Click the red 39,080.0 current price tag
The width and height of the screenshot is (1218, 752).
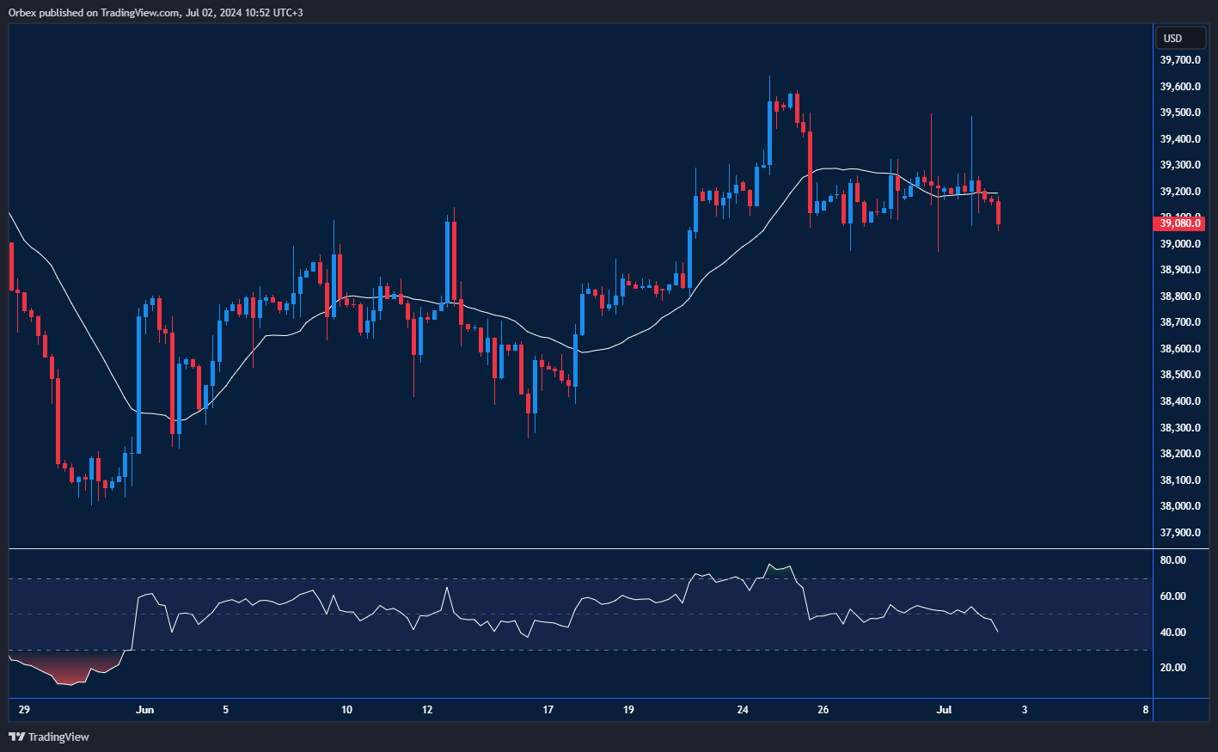pyautogui.click(x=1179, y=223)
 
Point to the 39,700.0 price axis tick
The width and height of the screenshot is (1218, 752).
pyautogui.click(x=1179, y=60)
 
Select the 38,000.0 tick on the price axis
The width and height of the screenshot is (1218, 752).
pyautogui.click(x=1179, y=506)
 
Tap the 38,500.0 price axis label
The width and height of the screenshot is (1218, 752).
pyautogui.click(x=1179, y=375)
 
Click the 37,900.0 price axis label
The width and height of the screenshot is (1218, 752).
pyautogui.click(x=1179, y=533)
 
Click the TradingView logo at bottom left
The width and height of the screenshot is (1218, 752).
pyautogui.click(x=49, y=737)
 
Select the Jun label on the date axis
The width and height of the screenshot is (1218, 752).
pyautogui.click(x=144, y=710)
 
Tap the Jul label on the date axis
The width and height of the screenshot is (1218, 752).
pyautogui.click(x=944, y=710)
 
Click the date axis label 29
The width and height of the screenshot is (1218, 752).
pyautogui.click(x=24, y=710)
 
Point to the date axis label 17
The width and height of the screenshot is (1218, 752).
pyautogui.click(x=548, y=710)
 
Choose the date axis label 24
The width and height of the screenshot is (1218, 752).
pyautogui.click(x=743, y=710)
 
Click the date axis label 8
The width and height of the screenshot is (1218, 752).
pyautogui.click(x=1146, y=710)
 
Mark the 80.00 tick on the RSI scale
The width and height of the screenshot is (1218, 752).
pyautogui.click(x=1172, y=560)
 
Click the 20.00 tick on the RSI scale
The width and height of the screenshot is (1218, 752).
pyautogui.click(x=1172, y=668)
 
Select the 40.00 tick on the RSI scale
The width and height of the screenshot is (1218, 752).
pyautogui.click(x=1172, y=633)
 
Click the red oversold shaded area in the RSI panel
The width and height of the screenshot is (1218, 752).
pyautogui.click(x=69, y=669)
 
